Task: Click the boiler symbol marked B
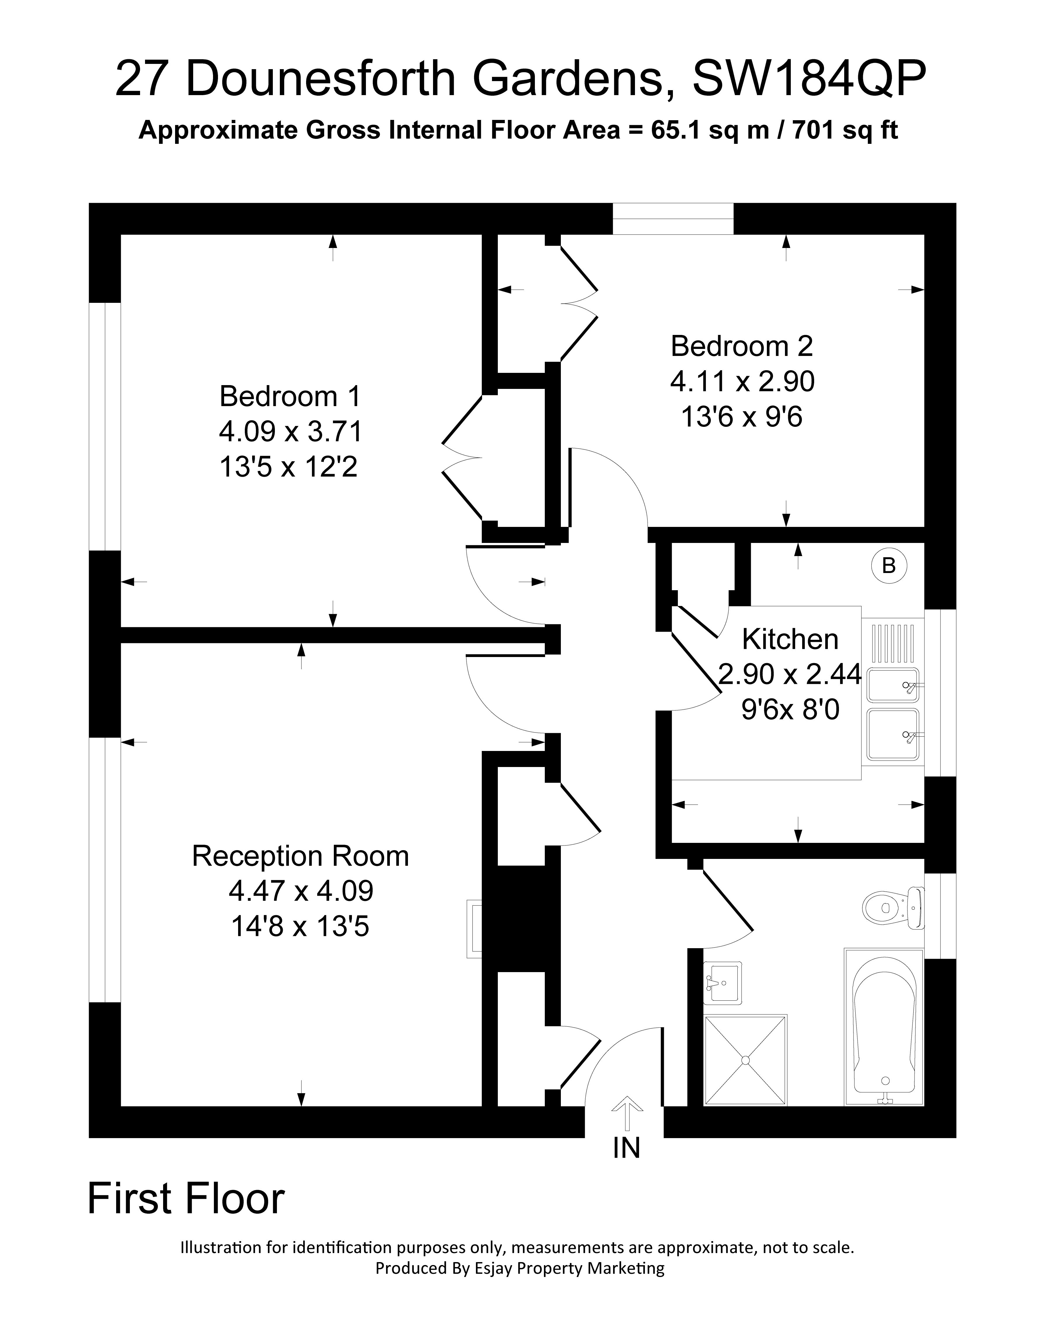tap(888, 565)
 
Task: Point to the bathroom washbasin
tap(722, 982)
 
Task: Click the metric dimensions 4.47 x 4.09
tap(301, 890)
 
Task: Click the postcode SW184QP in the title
tap(809, 79)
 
